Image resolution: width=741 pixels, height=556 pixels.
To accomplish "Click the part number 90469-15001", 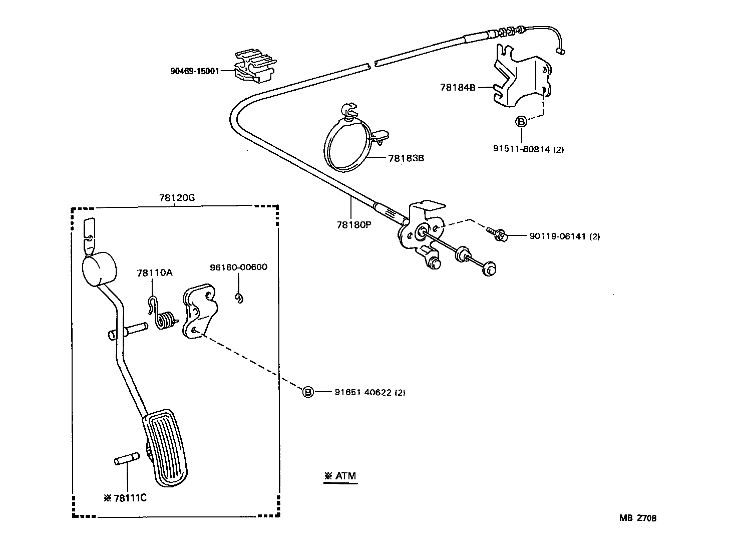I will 195,71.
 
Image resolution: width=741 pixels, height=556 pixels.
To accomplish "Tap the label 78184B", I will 457,87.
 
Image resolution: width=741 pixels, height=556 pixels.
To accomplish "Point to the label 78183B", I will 406,158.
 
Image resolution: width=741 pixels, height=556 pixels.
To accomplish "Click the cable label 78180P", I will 353,225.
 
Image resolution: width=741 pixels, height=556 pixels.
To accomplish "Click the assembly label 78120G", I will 177,198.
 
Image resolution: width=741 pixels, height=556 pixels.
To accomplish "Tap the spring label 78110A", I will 154,272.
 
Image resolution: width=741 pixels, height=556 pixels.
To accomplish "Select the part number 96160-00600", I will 238,267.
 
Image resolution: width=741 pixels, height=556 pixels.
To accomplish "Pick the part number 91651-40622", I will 362,393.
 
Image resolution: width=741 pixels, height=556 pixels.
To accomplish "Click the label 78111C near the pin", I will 130,498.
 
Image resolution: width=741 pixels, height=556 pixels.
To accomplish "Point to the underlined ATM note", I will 340,476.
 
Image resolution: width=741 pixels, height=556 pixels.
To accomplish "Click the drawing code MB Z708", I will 637,518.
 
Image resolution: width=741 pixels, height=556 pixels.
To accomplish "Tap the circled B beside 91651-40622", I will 308,392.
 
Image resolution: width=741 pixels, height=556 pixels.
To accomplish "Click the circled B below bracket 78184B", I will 521,121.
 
